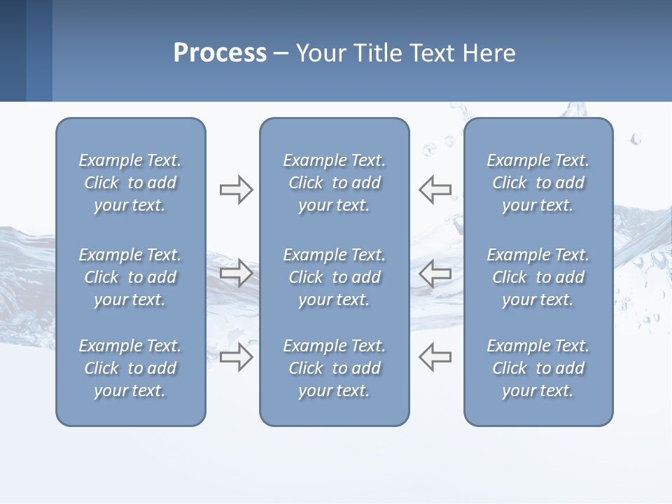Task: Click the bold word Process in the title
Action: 220,53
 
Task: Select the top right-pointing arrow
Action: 236,189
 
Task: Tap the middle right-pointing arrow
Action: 236,272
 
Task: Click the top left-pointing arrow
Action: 435,189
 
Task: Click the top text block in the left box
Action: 130,183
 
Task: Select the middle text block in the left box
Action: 130,277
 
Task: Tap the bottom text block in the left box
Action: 130,368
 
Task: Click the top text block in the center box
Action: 334,183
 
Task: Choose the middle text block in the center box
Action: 334,277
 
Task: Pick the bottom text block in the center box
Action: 334,368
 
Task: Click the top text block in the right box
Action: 538,183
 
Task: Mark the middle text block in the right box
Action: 538,277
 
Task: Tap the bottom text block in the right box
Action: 538,368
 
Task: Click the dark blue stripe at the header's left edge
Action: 13,50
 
